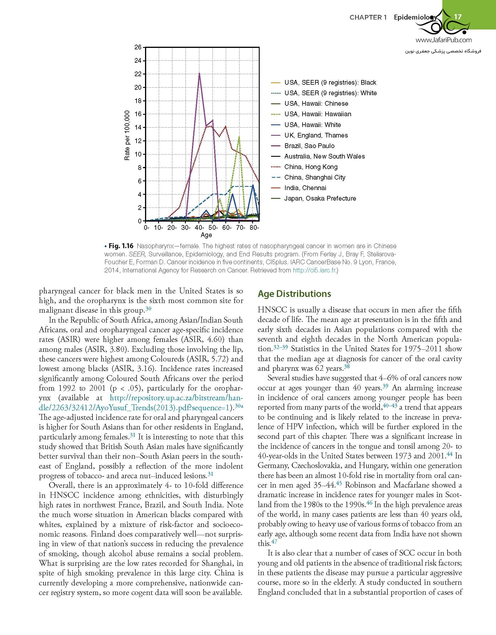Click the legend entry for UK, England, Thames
(x=316, y=135)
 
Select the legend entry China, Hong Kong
(x=311, y=167)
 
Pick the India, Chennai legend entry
(x=305, y=188)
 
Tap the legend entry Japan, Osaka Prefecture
(x=320, y=198)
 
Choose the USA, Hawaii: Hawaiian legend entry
(x=318, y=114)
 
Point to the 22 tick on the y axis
(x=138, y=74)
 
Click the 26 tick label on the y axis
(x=138, y=47)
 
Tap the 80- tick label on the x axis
(x=254, y=228)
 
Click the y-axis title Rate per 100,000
(x=127, y=135)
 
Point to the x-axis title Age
(x=206, y=235)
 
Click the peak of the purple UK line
(x=199, y=73)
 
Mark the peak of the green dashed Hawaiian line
(x=239, y=137)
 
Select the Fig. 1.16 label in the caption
(x=121, y=246)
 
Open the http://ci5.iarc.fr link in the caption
(x=314, y=270)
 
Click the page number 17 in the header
(x=458, y=17)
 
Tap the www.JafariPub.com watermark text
(x=443, y=40)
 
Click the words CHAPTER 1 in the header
(x=368, y=17)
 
